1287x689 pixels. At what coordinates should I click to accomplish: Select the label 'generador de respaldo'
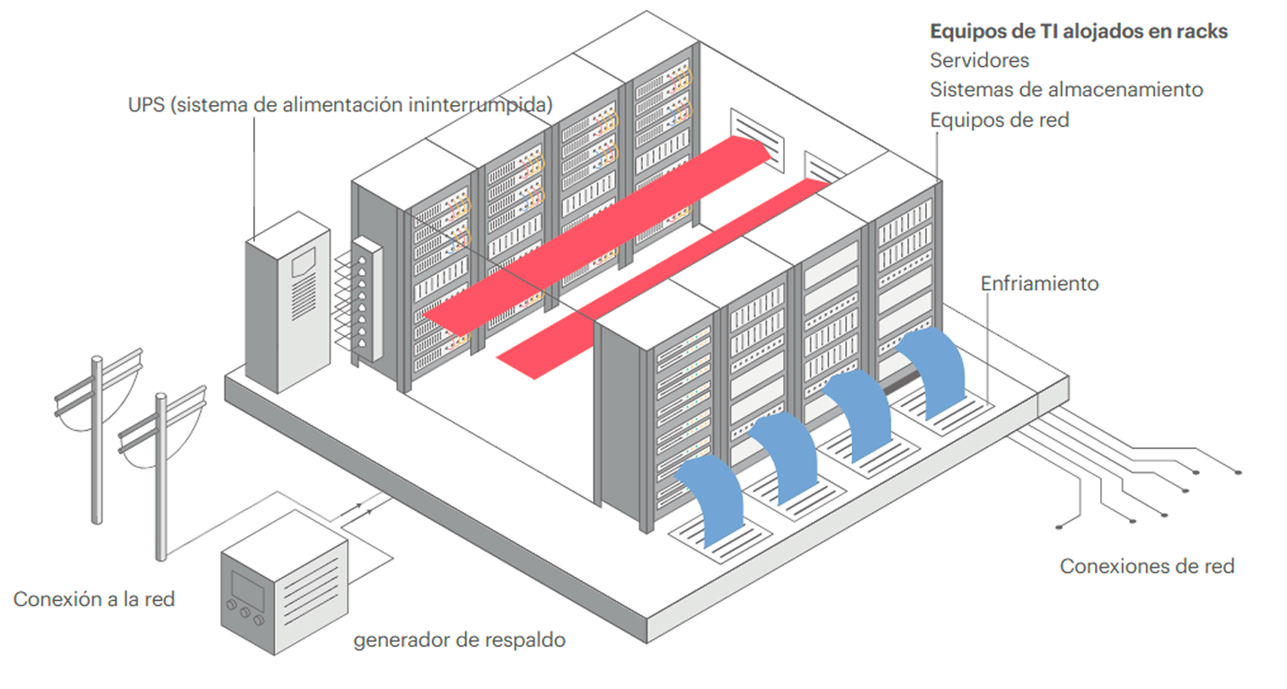click(x=460, y=640)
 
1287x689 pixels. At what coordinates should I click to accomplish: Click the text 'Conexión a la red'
click(x=94, y=598)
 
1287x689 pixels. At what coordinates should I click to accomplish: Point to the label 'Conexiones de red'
click(x=1147, y=566)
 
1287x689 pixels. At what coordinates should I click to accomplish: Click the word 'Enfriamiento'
click(x=1039, y=283)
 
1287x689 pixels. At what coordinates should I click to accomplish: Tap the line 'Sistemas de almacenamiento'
click(x=1066, y=90)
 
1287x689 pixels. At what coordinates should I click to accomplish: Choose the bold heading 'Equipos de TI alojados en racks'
click(x=1079, y=31)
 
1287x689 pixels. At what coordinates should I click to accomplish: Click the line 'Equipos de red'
click(x=1000, y=119)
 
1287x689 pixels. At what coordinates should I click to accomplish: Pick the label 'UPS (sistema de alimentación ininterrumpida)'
click(x=339, y=104)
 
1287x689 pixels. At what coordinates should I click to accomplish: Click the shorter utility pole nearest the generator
click(x=162, y=476)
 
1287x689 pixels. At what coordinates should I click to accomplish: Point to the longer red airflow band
click(x=597, y=234)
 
